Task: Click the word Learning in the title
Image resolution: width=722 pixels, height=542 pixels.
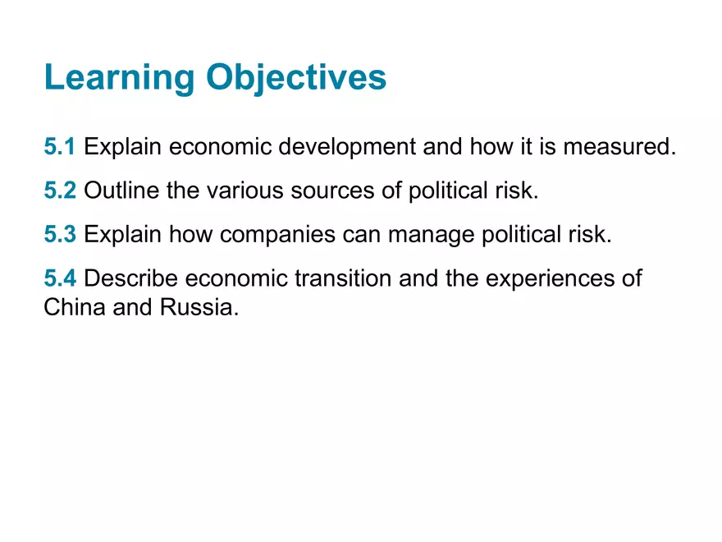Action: (x=120, y=77)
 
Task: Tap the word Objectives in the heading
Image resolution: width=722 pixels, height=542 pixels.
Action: (x=296, y=77)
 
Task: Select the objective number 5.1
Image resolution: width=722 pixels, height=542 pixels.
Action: (x=60, y=146)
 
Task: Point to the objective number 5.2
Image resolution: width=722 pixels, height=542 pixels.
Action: (x=60, y=190)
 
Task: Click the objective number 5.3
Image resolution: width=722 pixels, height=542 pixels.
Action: (x=60, y=234)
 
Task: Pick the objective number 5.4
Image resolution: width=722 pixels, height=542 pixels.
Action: (x=60, y=278)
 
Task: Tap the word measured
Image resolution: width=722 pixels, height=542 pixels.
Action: (x=619, y=146)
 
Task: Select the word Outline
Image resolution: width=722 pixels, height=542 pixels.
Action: (x=121, y=190)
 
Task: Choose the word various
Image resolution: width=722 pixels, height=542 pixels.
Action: (x=245, y=191)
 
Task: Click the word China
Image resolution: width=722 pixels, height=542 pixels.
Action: (x=75, y=307)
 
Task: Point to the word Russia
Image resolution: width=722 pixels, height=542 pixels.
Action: (x=199, y=307)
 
